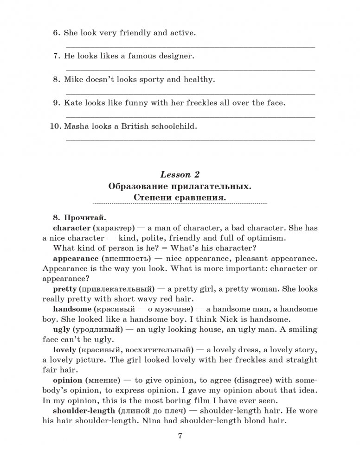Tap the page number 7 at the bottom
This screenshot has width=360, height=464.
tap(180, 436)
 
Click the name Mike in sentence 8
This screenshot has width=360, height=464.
tap(73, 80)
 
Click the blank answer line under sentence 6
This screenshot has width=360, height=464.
tap(190, 47)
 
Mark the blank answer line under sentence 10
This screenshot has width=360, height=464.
tap(190, 140)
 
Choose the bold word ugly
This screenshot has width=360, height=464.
tap(62, 329)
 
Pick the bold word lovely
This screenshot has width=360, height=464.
tap(64, 349)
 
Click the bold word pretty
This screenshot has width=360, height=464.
tap(64, 288)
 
